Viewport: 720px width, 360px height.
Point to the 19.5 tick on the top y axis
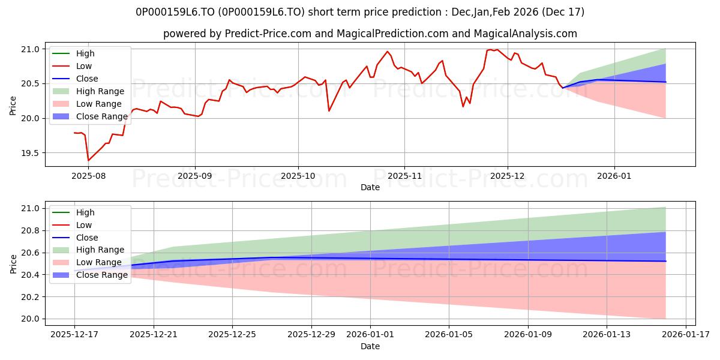click(x=31, y=153)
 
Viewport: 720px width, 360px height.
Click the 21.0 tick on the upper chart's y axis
click(x=31, y=49)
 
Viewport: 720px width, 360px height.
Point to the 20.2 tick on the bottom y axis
click(x=31, y=297)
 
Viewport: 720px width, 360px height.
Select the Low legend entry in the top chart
click(x=84, y=66)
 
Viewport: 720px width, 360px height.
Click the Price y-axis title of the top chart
click(x=13, y=106)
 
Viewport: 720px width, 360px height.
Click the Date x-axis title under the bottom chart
click(x=370, y=346)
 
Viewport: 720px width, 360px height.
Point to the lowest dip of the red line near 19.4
click(x=88, y=160)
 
